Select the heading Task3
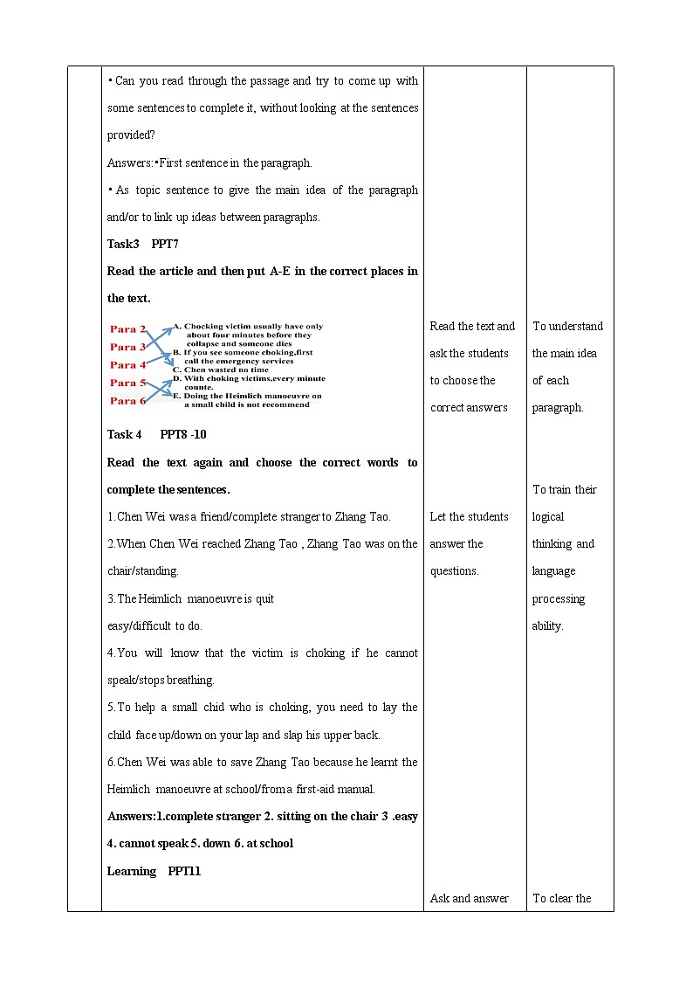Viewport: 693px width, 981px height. [x=123, y=244]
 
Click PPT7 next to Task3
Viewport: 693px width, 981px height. [x=165, y=244]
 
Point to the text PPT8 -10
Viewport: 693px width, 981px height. [x=183, y=434]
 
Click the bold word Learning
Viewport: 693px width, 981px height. [x=132, y=871]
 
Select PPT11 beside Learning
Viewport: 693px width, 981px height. [x=184, y=871]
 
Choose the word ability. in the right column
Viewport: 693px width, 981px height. [x=548, y=626]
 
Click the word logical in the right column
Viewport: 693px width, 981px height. [x=548, y=517]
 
